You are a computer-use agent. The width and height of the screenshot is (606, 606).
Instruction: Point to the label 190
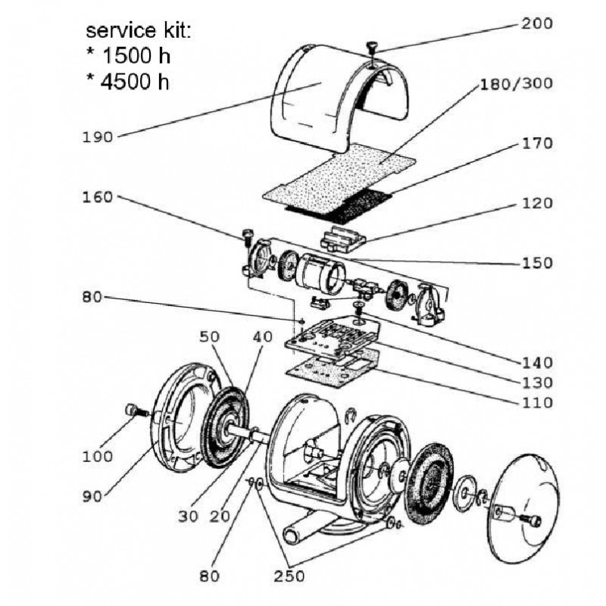click(x=98, y=137)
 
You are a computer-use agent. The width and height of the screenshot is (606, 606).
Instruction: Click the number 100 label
click(x=98, y=457)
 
